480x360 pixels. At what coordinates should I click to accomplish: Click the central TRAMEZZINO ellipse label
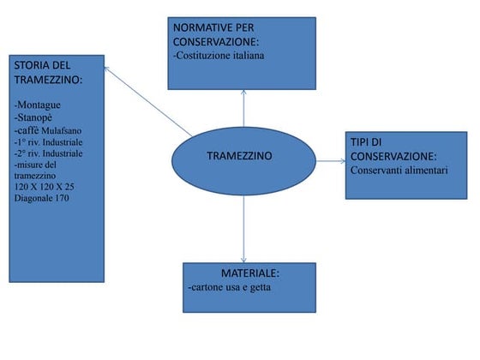239,156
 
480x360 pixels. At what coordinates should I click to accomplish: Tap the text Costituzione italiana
219,56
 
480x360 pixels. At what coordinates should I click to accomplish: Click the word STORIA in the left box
32,65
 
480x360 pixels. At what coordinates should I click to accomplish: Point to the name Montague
38,105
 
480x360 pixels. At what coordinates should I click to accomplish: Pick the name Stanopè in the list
33,117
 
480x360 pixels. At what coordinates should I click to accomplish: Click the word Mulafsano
61,130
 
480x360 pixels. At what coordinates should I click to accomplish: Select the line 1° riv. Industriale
48,142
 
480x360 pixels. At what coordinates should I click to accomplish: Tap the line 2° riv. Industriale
48,153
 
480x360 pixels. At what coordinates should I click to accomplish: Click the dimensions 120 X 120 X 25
44,187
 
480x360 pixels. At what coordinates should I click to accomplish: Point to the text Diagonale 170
42,198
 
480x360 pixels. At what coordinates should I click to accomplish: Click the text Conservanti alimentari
399,171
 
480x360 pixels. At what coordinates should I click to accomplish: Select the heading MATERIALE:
250,273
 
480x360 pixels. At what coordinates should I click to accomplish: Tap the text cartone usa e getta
230,287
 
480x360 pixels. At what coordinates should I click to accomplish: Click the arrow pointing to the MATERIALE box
243,229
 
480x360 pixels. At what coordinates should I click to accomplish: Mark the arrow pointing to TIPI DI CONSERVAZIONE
331,161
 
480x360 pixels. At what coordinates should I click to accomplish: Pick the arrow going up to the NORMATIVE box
243,108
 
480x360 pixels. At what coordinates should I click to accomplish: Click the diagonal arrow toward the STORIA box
148,102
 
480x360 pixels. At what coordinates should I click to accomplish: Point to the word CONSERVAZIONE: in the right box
393,156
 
